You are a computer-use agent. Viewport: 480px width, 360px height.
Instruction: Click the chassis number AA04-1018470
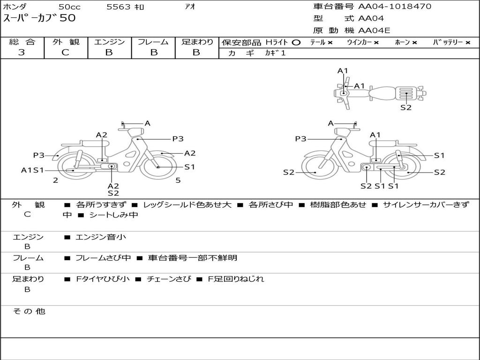[395, 7]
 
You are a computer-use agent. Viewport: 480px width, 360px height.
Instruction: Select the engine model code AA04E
[374, 30]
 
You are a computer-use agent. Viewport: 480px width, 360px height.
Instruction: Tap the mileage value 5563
[119, 7]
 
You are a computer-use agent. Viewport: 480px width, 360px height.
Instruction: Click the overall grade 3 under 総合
[22, 52]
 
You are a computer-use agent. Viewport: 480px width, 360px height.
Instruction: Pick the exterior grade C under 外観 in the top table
[65, 52]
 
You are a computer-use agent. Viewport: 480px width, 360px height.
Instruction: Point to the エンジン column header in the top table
[109, 42]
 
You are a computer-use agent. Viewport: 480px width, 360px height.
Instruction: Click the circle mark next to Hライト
[296, 43]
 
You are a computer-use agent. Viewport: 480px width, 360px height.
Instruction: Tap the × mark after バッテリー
[468, 43]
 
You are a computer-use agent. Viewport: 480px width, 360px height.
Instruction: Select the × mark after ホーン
[414, 43]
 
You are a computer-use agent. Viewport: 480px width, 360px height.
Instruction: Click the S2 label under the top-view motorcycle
[406, 107]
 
